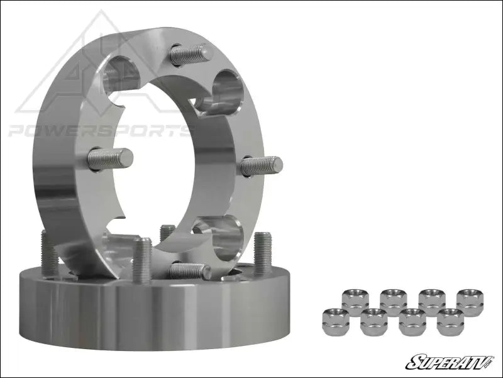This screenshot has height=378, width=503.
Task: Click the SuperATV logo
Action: coord(450,362)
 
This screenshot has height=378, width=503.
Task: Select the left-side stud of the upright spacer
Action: coord(110,158)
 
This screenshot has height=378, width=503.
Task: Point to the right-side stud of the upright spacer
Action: coord(262,166)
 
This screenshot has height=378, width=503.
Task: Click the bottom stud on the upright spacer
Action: coord(189,271)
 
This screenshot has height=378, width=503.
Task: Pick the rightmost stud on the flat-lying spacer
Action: coord(263,252)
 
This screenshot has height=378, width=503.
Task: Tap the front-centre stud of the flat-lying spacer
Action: coord(143,260)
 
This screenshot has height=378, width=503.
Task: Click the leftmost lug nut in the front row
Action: coord(335,321)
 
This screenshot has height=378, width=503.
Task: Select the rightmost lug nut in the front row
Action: coord(450,321)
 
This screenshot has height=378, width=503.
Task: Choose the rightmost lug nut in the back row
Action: coord(470,301)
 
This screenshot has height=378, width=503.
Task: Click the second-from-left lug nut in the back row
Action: coord(393,301)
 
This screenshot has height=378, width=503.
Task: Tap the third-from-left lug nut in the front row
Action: coord(412,321)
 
